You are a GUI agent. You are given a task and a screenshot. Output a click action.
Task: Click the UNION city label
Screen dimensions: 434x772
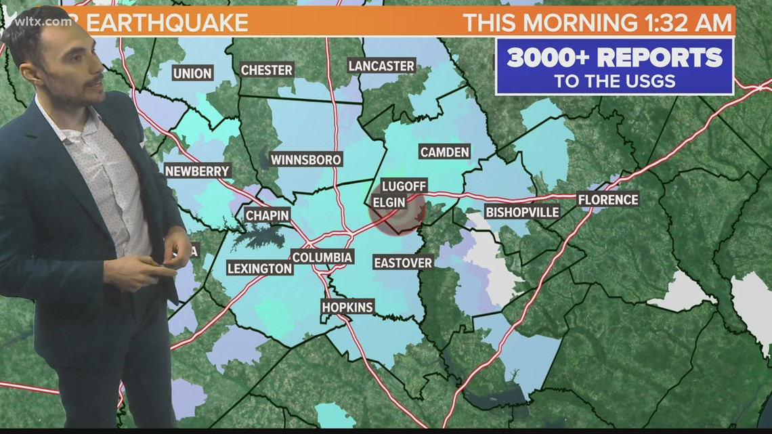click(x=193, y=73)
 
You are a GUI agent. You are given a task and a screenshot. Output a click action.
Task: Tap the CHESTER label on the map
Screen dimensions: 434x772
click(x=267, y=70)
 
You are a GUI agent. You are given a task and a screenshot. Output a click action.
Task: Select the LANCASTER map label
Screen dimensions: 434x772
click(x=381, y=66)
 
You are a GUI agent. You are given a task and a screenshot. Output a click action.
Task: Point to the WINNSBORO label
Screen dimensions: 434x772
click(x=306, y=160)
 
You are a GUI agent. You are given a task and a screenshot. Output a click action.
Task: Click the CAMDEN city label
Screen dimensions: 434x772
click(x=445, y=152)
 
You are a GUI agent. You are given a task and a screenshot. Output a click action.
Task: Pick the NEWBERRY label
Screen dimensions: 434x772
click(x=198, y=171)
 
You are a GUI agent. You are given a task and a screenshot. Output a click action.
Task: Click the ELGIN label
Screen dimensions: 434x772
click(x=389, y=202)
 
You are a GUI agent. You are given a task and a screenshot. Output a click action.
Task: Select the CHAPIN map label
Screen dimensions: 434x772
click(x=267, y=215)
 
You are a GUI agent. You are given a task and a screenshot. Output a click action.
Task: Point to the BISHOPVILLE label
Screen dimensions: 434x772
click(x=522, y=212)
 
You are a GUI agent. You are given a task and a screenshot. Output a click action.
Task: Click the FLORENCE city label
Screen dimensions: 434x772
click(x=607, y=200)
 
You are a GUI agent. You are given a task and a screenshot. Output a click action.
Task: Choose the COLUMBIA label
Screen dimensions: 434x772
click(x=322, y=257)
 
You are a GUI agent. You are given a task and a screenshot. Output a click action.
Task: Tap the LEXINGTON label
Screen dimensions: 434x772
click(x=259, y=268)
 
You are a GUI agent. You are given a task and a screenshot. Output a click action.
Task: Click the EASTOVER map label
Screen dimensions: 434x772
click(x=403, y=263)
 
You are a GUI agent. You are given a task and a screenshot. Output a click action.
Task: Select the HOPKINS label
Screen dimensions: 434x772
click(x=347, y=307)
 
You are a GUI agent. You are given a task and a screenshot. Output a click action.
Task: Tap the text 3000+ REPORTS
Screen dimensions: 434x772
click(x=614, y=58)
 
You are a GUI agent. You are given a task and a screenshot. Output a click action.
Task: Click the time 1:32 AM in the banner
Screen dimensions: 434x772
click(x=685, y=22)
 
